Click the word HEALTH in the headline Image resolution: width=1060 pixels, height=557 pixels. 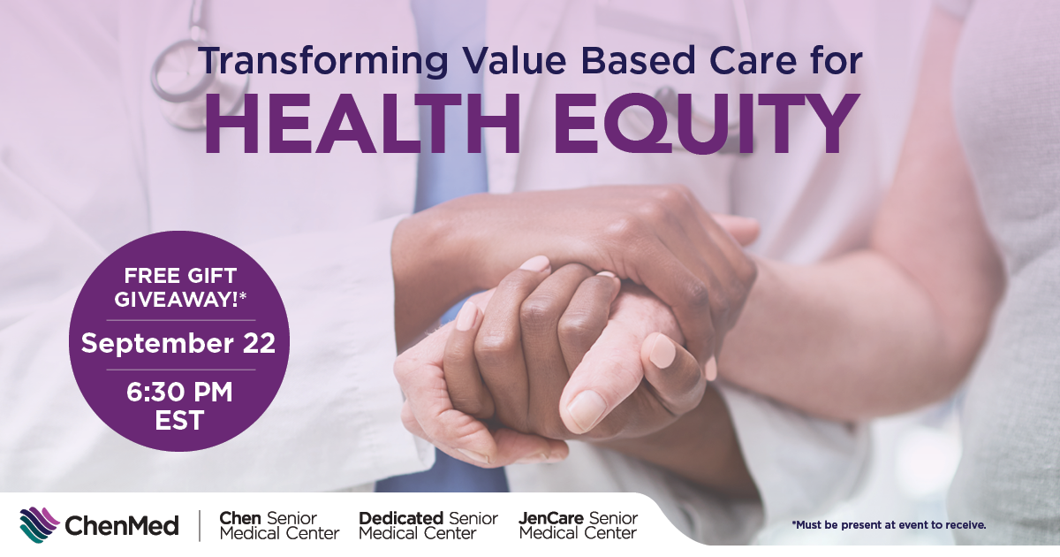pos(362,124)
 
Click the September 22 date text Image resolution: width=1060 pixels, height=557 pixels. pos(178,343)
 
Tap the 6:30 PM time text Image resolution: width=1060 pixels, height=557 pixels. pos(179,393)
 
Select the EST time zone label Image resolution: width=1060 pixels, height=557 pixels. pos(179,421)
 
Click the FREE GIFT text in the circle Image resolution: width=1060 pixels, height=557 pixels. pos(180,276)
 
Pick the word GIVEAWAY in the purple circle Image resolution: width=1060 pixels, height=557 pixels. pos(176,300)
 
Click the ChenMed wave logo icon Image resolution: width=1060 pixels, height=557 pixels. pos(40,525)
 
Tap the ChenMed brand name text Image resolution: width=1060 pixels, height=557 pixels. pos(122,526)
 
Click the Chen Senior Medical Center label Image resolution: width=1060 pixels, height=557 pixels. pos(279,526)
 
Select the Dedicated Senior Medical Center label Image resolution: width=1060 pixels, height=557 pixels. pos(428,526)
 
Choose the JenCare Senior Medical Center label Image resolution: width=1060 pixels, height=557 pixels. pos(579,526)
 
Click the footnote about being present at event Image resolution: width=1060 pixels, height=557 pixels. pos(889,525)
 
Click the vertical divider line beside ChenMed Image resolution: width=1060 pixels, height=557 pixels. pos(200,526)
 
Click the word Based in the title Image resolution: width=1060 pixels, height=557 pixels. pos(638,60)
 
